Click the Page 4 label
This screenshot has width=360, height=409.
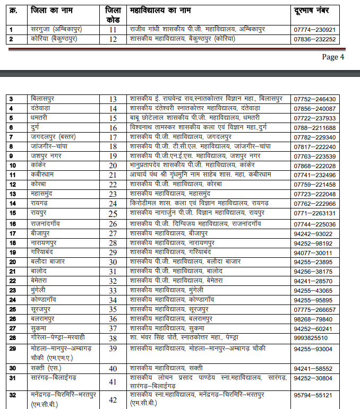pyautogui.click(x=333, y=57)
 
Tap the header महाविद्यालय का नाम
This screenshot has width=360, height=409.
pyautogui.click(x=160, y=10)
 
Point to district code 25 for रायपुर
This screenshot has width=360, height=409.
pyautogui.click(x=113, y=213)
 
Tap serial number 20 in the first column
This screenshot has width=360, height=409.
pyautogui.click(x=12, y=262)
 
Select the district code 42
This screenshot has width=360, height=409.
pyautogui.click(x=113, y=399)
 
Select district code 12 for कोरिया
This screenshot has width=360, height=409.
pyautogui.click(x=113, y=39)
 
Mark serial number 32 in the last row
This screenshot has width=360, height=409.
pyautogui.click(x=12, y=395)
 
